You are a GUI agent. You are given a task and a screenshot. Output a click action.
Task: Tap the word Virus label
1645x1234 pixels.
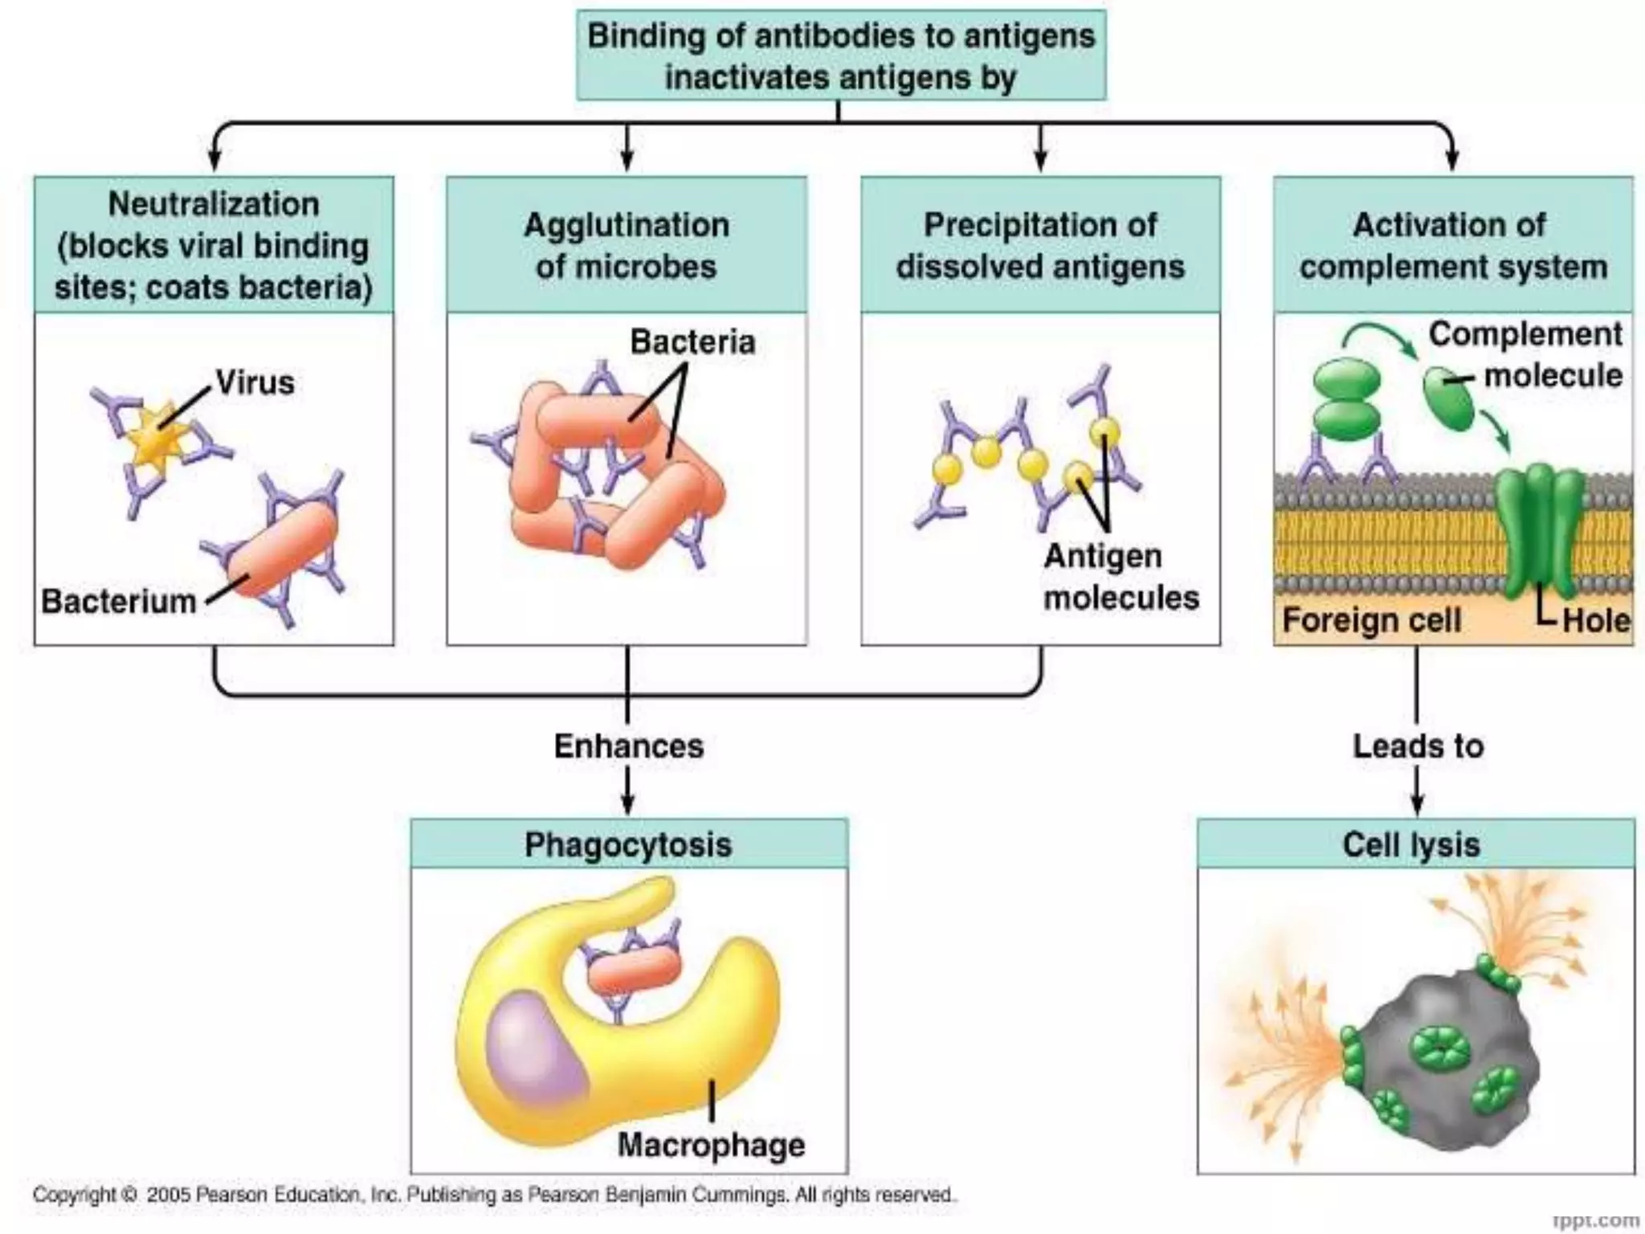click(x=255, y=383)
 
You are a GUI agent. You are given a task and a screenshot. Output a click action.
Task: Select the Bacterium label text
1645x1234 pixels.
click(x=119, y=602)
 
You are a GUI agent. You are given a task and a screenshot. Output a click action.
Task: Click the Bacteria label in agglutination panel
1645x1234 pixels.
click(x=692, y=342)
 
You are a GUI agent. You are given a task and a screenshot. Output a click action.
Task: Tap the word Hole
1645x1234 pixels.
click(x=1596, y=621)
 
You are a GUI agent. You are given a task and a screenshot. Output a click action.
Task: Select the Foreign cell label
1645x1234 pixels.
click(x=1371, y=621)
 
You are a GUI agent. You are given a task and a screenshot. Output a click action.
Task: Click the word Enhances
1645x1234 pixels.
click(x=629, y=746)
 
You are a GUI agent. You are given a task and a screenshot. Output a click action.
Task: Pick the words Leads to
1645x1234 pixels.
click(x=1418, y=746)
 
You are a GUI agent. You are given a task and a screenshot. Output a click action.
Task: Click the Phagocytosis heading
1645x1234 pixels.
click(x=628, y=844)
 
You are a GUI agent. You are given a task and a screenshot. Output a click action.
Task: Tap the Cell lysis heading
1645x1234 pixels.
click(x=1411, y=844)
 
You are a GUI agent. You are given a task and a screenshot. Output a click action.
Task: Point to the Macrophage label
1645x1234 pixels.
click(x=711, y=1145)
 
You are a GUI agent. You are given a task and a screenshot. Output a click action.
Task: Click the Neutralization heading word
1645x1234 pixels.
click(x=214, y=204)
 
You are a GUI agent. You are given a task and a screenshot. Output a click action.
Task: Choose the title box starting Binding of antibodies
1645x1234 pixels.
click(x=841, y=56)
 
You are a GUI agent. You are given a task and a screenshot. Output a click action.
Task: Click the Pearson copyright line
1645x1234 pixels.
click(x=494, y=1195)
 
